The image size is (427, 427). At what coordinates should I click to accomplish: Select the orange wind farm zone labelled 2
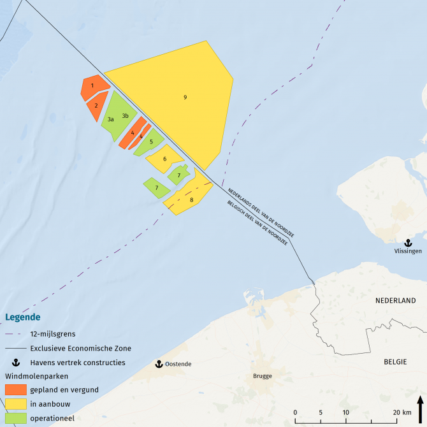(96, 106)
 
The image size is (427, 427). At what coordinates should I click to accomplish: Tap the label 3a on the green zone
(110, 119)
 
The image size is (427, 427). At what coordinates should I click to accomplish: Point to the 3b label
(126, 115)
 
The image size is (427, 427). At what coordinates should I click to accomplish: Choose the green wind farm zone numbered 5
(151, 141)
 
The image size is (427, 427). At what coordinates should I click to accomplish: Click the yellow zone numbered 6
(164, 159)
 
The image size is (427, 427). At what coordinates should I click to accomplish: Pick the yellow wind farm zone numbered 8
(191, 200)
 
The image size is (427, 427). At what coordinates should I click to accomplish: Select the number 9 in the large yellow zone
(185, 97)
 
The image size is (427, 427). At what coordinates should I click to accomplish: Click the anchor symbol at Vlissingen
(407, 242)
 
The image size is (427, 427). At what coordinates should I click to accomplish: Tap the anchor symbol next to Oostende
(159, 364)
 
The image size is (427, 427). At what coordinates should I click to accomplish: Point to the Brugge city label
(263, 376)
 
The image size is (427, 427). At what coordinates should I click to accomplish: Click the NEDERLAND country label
(395, 301)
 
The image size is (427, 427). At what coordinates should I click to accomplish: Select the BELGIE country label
(395, 361)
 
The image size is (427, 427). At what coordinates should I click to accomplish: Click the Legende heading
(23, 317)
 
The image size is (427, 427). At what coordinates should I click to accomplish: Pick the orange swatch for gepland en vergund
(15, 389)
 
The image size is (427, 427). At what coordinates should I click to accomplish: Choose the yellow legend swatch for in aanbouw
(15, 404)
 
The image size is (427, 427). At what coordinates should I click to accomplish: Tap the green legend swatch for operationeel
(15, 418)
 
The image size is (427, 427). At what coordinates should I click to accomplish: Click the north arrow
(420, 407)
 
